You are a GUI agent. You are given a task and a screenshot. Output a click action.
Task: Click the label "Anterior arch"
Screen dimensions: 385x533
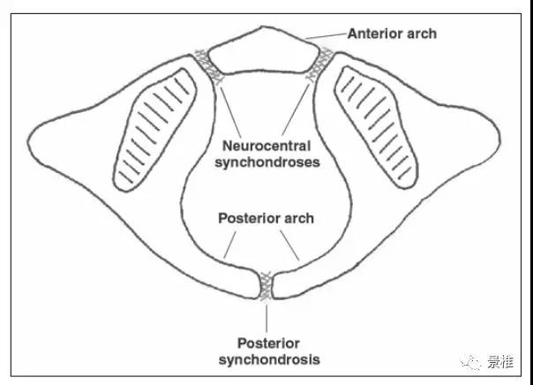[392, 34]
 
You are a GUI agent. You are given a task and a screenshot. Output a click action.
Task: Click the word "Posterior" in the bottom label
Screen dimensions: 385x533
[266, 343]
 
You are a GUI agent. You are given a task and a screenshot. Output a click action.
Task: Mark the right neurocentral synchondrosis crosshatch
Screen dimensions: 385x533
[319, 65]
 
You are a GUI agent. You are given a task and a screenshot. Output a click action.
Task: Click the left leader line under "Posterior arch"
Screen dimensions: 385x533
[235, 246]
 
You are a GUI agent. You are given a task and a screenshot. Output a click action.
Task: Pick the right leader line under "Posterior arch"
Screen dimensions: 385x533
[296, 246]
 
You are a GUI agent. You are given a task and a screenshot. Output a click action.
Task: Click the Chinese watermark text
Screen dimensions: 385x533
[499, 362]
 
